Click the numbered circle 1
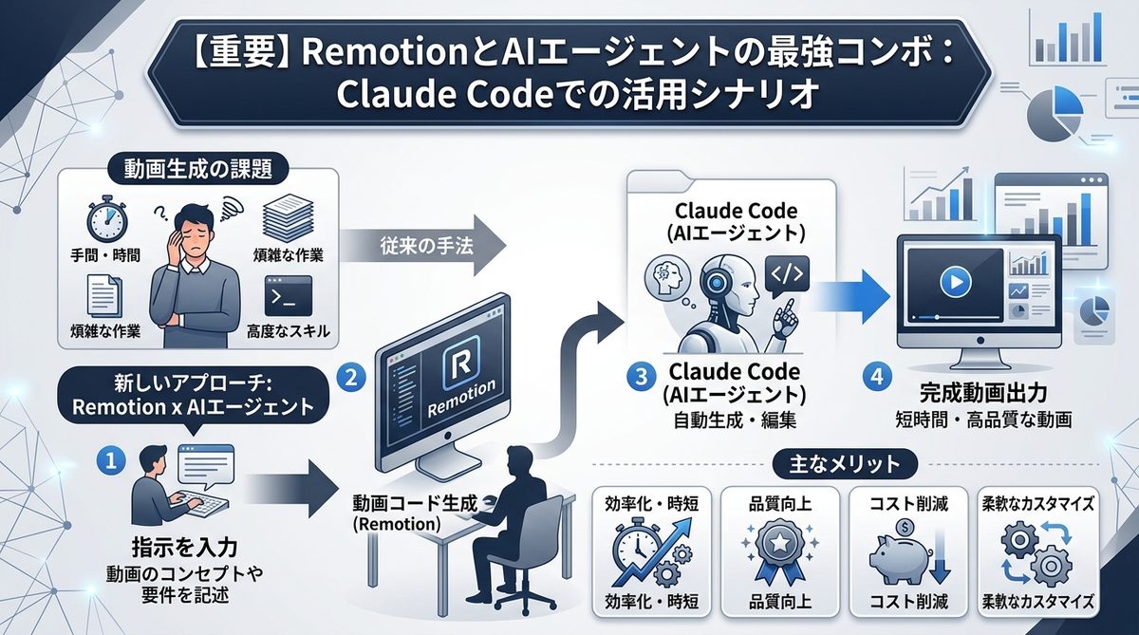click(x=112, y=460)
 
